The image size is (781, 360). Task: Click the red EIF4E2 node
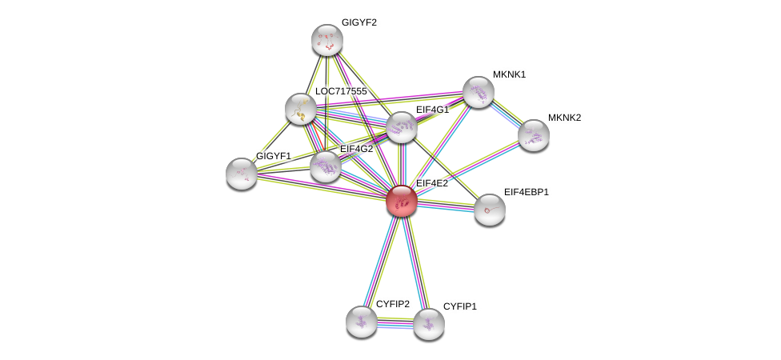[x=401, y=201]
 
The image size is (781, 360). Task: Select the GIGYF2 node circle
[x=326, y=40]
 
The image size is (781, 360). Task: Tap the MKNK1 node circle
[x=478, y=92]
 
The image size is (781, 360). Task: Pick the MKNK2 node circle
[x=533, y=135]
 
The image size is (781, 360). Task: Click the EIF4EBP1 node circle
[x=489, y=210]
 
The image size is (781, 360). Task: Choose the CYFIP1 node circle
[x=428, y=324]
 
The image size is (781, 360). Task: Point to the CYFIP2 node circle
[x=361, y=322]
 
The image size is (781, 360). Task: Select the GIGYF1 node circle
[x=241, y=173]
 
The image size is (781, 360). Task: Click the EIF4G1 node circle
[x=401, y=127]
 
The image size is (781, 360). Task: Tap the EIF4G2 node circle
[x=326, y=166]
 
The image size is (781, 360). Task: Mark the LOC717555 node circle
[x=300, y=109]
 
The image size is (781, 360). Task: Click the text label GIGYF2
[x=358, y=22]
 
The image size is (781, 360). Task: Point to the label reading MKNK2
[x=564, y=118]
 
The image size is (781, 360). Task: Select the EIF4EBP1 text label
[x=526, y=192]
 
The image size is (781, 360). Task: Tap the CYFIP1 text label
[x=459, y=306]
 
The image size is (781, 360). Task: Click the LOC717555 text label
[x=340, y=91]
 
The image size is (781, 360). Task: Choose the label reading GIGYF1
[x=273, y=155]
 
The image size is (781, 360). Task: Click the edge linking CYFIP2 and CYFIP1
[x=395, y=323]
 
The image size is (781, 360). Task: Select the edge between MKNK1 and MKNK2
[x=506, y=114]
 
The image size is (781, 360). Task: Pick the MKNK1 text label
[x=509, y=74]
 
